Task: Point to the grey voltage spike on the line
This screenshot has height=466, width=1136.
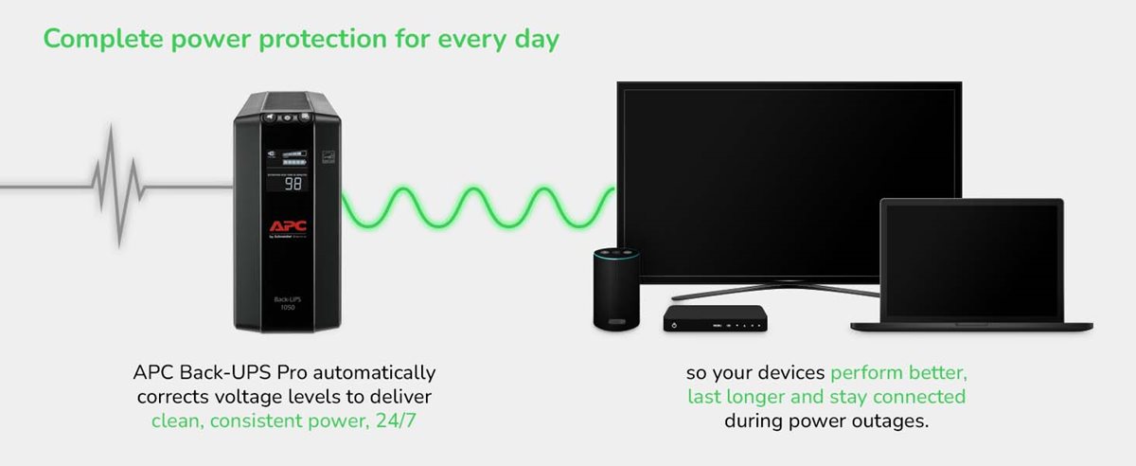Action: [115, 185]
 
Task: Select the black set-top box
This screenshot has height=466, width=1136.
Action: [714, 319]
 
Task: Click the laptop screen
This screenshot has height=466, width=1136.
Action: [970, 259]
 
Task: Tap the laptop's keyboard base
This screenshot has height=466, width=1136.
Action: [970, 325]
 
